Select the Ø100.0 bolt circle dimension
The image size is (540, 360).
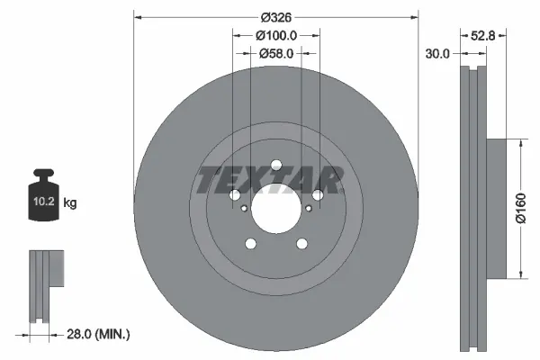[275, 36]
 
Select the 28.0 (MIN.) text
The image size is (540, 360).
[99, 334]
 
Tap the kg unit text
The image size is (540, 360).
[70, 204]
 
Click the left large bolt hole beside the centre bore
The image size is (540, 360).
[234, 196]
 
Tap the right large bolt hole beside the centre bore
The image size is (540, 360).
[317, 196]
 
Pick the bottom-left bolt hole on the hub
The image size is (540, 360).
[249, 245]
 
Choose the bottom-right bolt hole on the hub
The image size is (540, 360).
[301, 245]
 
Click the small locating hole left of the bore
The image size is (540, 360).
[244, 209]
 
